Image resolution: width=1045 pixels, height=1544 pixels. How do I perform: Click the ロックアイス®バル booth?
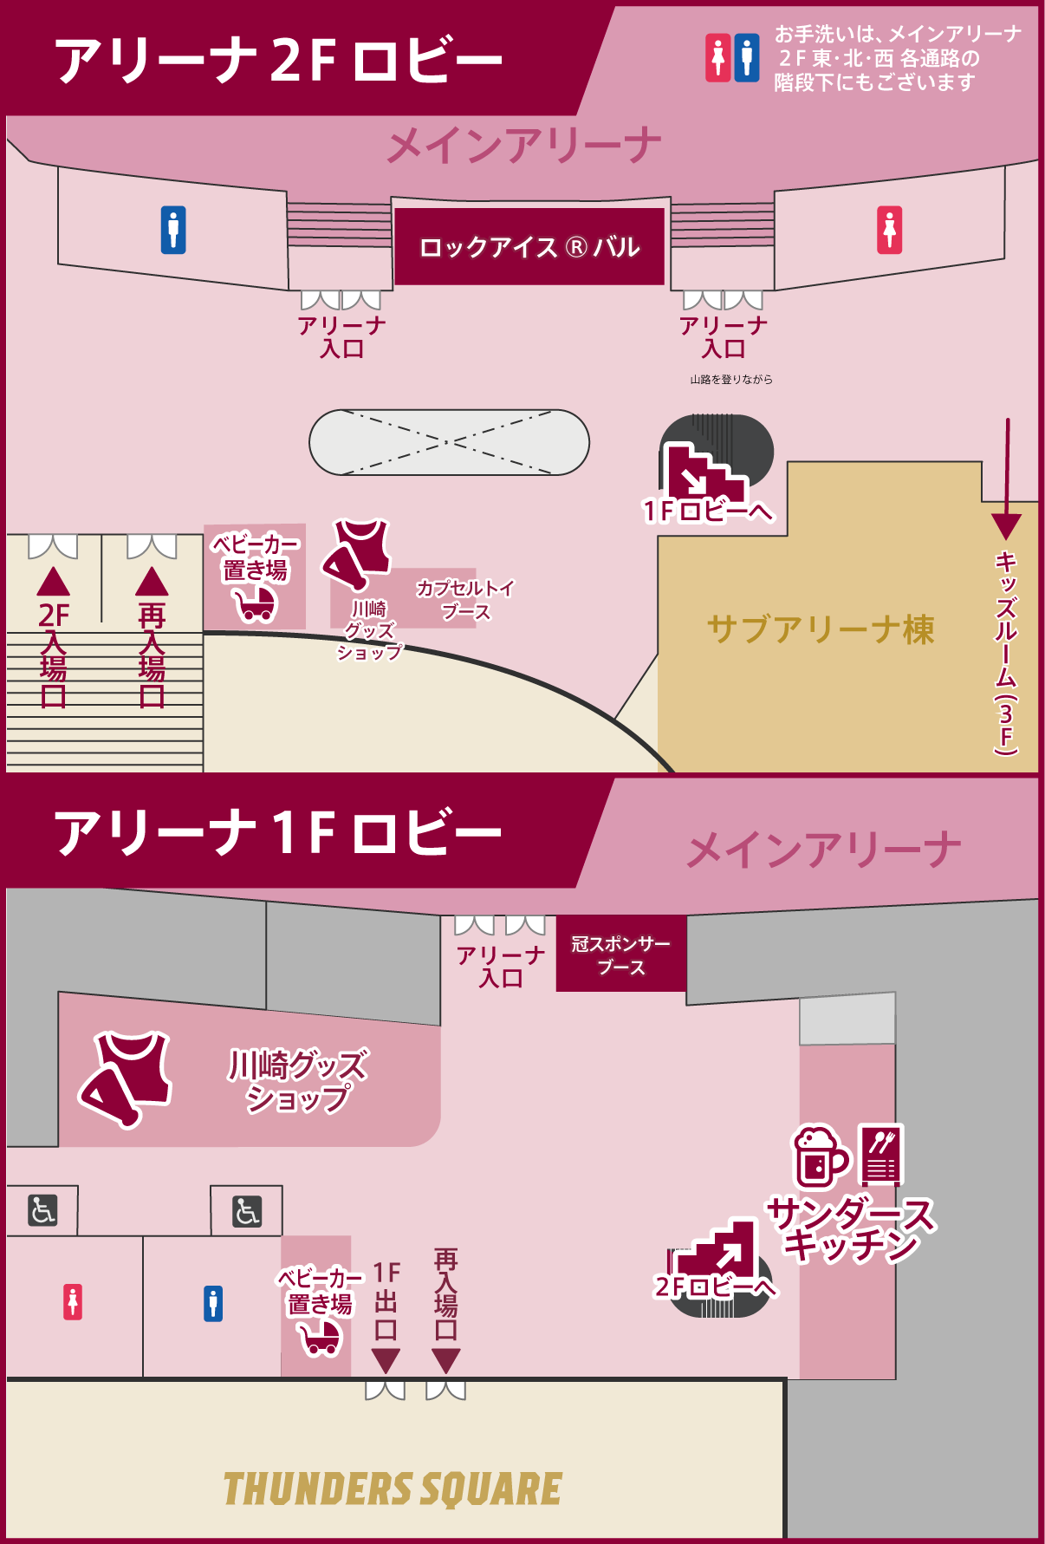529,247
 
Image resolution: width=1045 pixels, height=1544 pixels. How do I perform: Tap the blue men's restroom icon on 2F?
173,230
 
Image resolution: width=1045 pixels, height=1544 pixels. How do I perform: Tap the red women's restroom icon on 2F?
889,231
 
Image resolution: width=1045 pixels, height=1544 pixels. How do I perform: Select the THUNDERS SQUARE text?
393,1489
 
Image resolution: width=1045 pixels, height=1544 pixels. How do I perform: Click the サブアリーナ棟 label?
820,629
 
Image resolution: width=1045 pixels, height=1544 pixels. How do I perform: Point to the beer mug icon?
819,1156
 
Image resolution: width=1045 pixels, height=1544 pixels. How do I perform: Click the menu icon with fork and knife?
881,1156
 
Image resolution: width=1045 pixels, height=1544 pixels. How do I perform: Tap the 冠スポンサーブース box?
620,954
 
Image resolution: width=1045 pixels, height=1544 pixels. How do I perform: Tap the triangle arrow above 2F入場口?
54,582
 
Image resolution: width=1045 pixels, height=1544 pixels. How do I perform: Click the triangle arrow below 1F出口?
386,1360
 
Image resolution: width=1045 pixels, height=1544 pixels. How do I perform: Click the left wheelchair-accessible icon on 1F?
42,1209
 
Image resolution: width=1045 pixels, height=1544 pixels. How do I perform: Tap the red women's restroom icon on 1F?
73,1302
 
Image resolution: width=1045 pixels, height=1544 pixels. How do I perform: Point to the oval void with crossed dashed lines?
449,442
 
